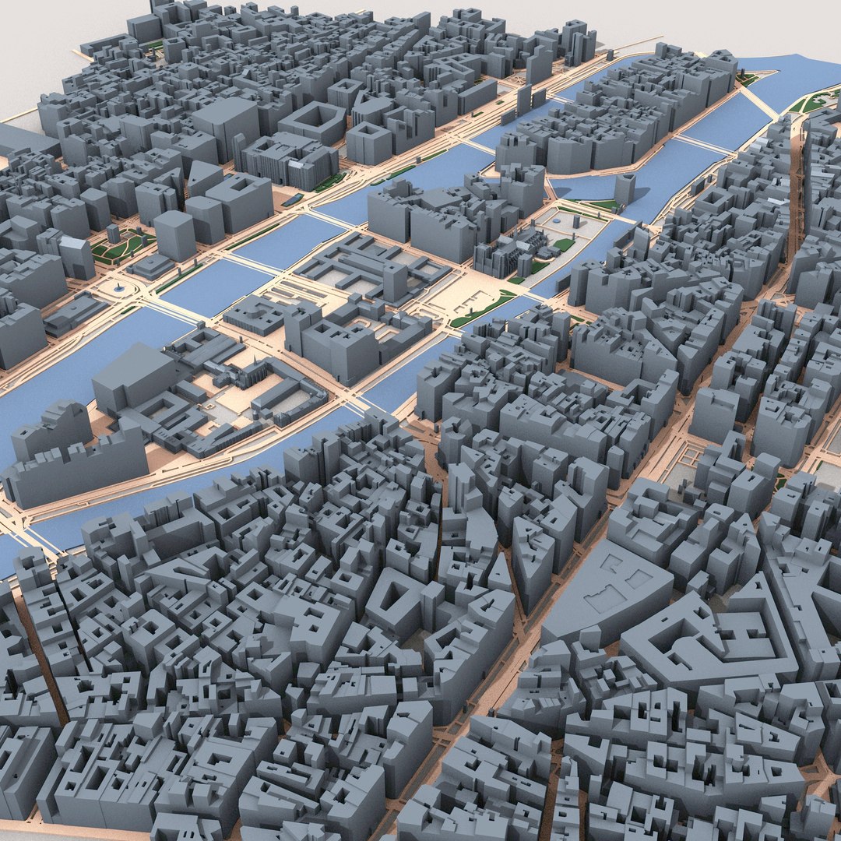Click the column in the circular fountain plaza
tap(118, 289)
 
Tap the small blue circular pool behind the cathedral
tap(565, 222)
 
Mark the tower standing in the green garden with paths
tap(114, 233)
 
